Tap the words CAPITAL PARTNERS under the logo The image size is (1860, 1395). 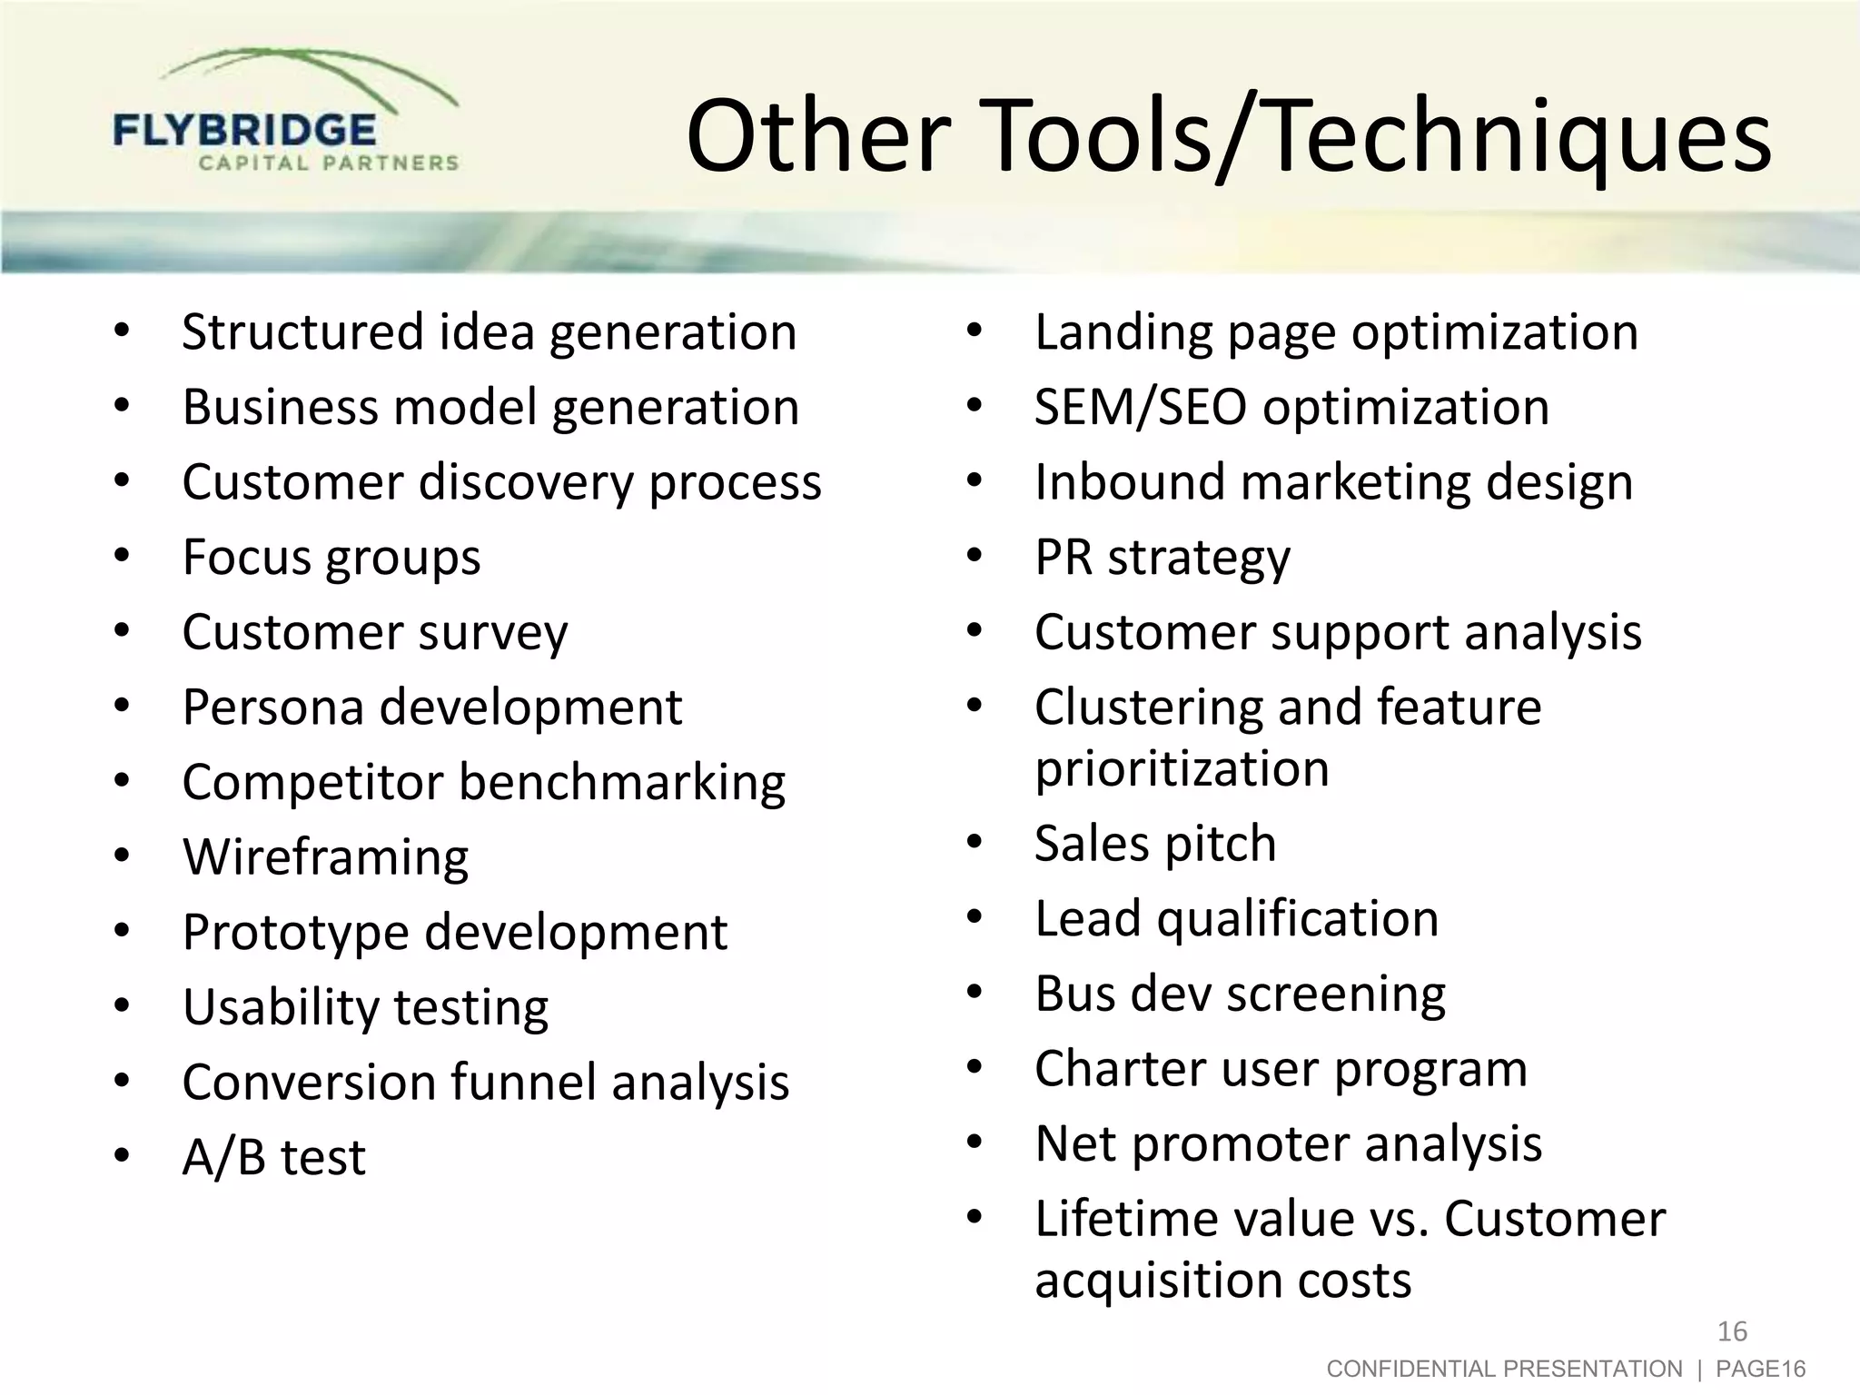[328, 163]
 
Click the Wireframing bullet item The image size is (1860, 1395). [325, 857]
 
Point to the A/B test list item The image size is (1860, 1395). [273, 1158]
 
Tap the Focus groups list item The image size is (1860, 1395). [331, 557]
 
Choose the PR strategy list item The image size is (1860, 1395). [1162, 557]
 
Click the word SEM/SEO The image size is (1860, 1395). [1140, 407]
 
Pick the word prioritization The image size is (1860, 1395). [1182, 769]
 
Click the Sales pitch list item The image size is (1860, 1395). [1155, 844]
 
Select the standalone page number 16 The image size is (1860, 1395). [1732, 1331]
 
